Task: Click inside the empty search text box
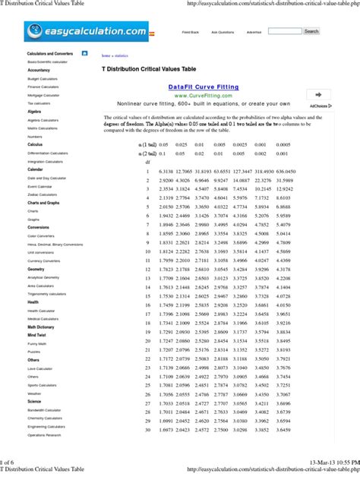coord(284,32)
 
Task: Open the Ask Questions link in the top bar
coord(223,33)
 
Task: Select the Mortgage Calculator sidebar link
coord(43,95)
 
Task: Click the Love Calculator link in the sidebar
coord(40,368)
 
